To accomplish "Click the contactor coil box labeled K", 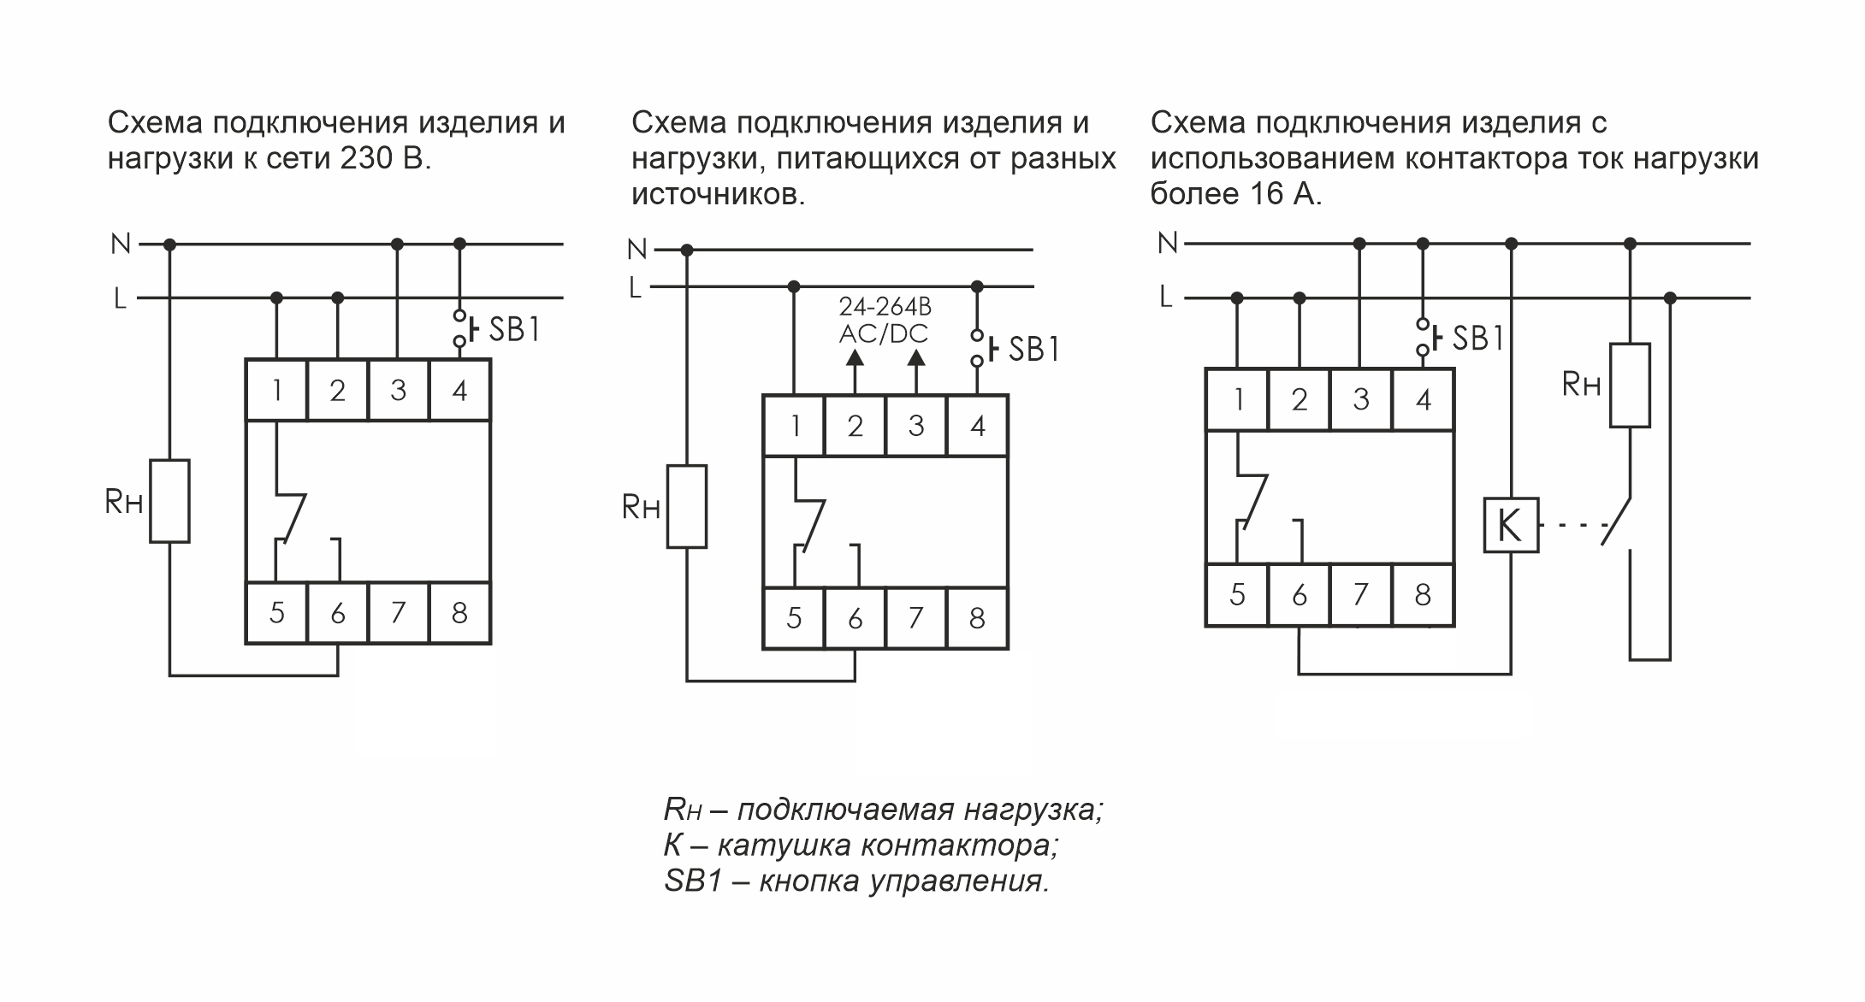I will click(x=1510, y=525).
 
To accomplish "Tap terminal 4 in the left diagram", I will click(x=459, y=391).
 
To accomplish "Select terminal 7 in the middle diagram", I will click(x=915, y=617).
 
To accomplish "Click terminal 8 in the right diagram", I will click(x=1423, y=594).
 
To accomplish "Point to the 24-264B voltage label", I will click(x=885, y=306).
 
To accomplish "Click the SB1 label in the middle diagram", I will click(x=1033, y=349).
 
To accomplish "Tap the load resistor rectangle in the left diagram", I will click(x=169, y=501).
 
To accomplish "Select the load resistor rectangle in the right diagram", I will click(x=1629, y=385).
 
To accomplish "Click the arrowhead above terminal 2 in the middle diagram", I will click(x=855, y=357).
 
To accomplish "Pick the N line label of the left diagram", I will click(x=121, y=245).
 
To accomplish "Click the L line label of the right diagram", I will click(x=1165, y=298).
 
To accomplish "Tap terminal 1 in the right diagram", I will click(x=1237, y=399).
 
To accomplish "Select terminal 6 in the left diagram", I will click(x=337, y=613).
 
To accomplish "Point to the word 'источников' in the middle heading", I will click(x=718, y=195).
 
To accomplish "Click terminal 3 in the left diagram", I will click(x=398, y=391).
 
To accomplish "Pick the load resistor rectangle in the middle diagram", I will click(x=687, y=506).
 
